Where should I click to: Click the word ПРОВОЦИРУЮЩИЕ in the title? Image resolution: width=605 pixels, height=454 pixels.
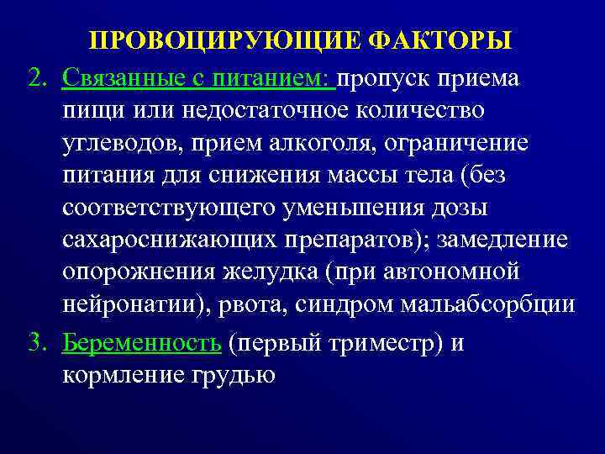226,41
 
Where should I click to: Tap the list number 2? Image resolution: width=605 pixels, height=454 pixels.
36,78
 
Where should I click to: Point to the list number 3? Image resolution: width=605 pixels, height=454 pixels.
36,343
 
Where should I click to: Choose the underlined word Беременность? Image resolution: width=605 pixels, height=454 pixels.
142,343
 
